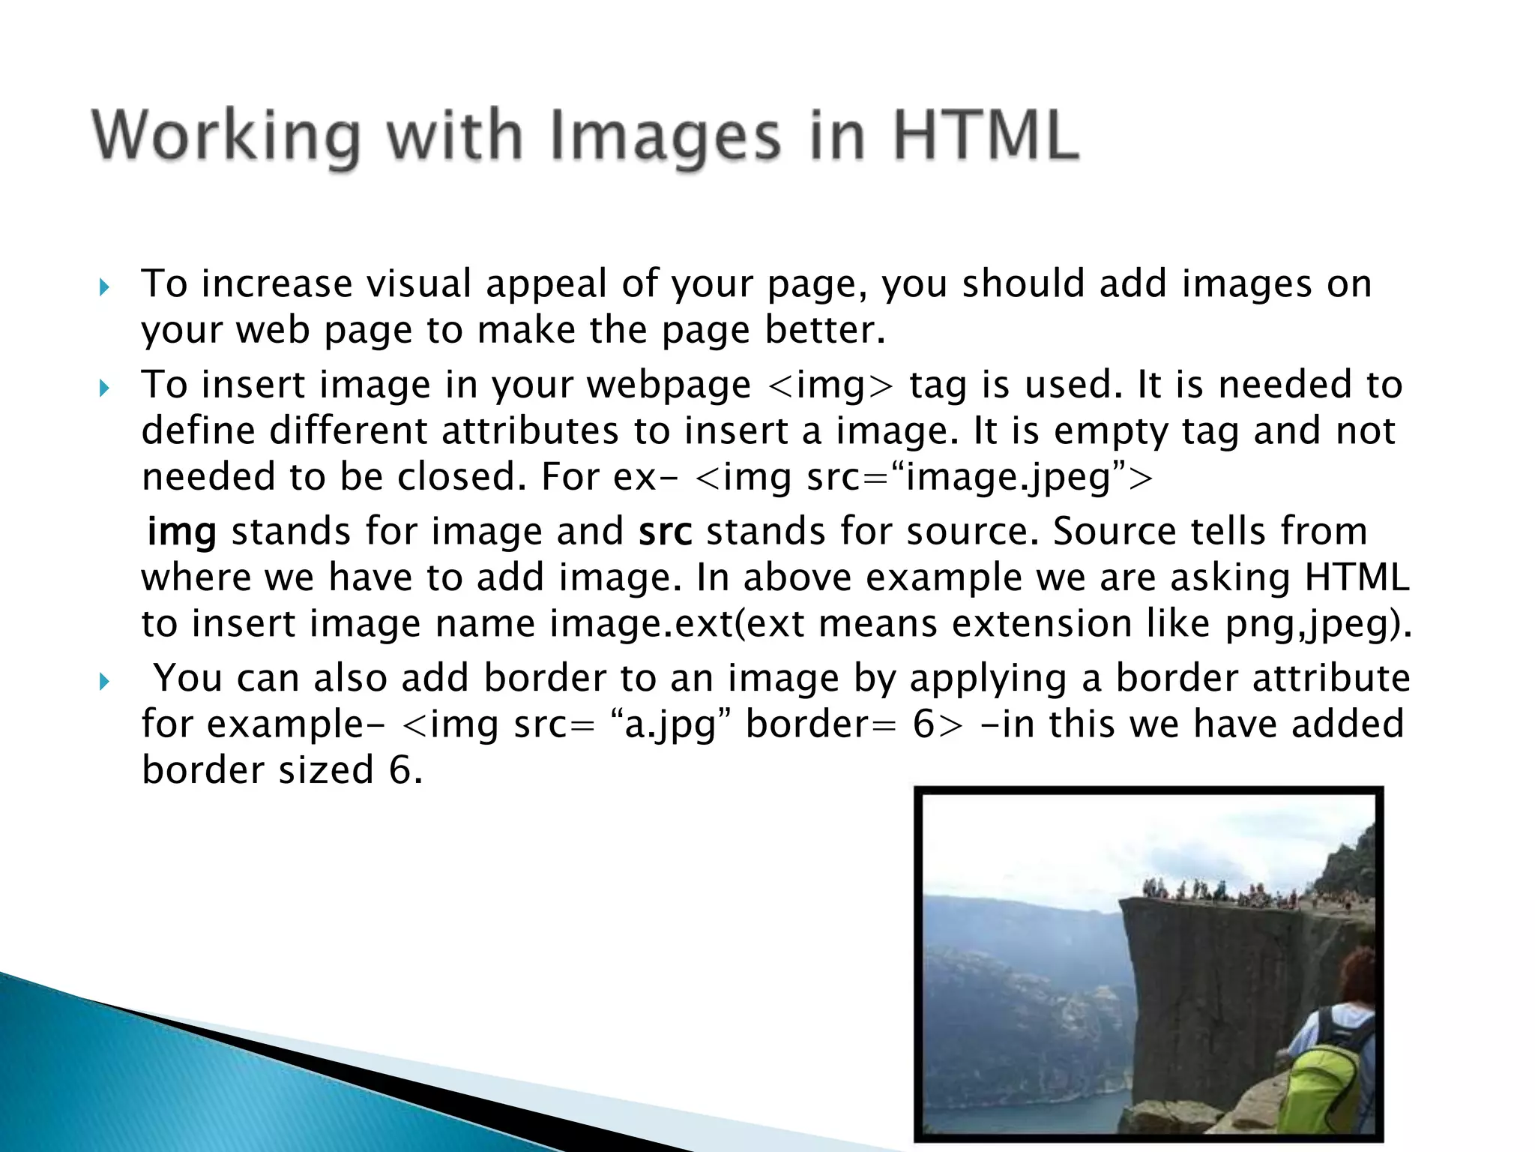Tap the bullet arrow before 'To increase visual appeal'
[x=104, y=287]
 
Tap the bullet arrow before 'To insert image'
[x=104, y=388]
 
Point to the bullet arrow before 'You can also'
[x=104, y=682]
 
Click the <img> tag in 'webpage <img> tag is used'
[x=831, y=385]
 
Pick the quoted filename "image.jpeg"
[x=1008, y=477]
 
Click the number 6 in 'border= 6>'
[x=924, y=724]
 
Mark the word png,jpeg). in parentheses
[x=1318, y=624]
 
